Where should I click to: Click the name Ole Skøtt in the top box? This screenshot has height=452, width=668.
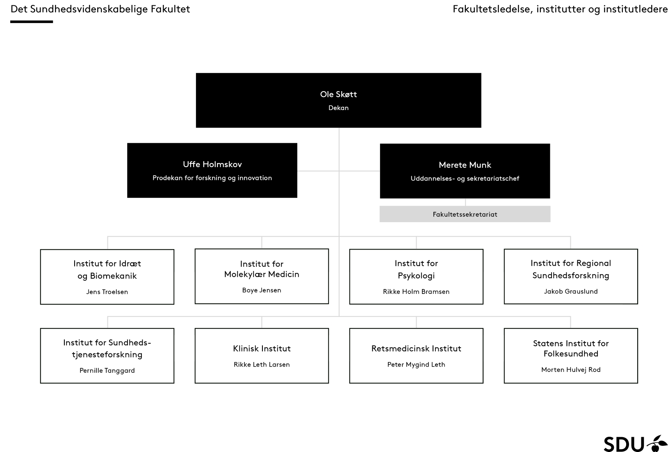(338, 94)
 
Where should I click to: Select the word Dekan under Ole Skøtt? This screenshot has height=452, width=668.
(338, 108)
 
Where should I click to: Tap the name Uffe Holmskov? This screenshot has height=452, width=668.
(212, 164)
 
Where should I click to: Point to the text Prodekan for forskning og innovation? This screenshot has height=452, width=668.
(212, 178)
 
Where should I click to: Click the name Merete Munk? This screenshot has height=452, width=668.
(465, 165)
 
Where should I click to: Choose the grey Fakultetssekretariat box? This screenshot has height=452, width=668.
(465, 214)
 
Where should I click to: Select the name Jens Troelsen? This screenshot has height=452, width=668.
(107, 292)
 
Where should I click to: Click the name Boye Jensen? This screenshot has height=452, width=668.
(262, 290)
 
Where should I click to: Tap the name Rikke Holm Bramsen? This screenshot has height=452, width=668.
(416, 291)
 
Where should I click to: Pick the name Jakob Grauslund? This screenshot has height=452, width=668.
(570, 291)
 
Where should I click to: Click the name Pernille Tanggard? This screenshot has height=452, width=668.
(107, 370)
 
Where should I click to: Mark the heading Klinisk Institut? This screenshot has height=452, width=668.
(262, 349)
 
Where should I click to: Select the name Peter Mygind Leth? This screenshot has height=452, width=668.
(416, 365)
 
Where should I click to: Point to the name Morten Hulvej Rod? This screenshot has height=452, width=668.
(570, 369)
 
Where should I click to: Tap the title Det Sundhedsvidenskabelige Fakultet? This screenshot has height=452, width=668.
(100, 9)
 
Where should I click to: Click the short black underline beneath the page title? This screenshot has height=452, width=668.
(32, 22)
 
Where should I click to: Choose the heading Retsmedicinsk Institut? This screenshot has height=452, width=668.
(416, 349)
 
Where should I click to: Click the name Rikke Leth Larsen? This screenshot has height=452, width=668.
(262, 365)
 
